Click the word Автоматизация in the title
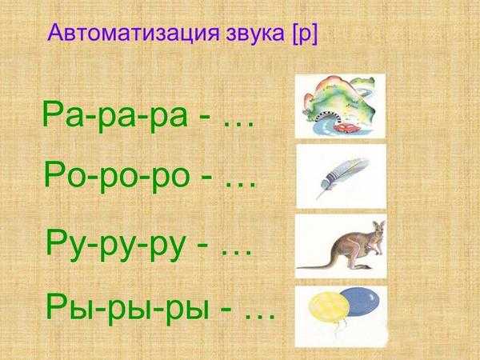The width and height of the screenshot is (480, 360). pyautogui.click(x=134, y=33)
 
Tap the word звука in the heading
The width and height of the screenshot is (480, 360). pyautogui.click(x=255, y=34)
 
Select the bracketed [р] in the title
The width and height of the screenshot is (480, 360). pyautogui.click(x=305, y=34)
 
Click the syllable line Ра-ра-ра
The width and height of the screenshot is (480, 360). pyautogui.click(x=114, y=114)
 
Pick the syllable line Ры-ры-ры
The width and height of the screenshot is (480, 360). pyautogui.click(x=128, y=307)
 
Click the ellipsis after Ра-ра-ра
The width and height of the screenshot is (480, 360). pyautogui.click(x=239, y=124)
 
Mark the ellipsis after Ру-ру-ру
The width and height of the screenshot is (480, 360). pyautogui.click(x=237, y=253)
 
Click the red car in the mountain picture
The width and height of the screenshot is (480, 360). pyautogui.click(x=344, y=127)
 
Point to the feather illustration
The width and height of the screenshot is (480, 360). pyautogui.click(x=342, y=178)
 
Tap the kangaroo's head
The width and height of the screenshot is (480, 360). pyautogui.click(x=378, y=228)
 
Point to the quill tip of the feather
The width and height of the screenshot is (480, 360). pyautogui.click(x=317, y=198)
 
